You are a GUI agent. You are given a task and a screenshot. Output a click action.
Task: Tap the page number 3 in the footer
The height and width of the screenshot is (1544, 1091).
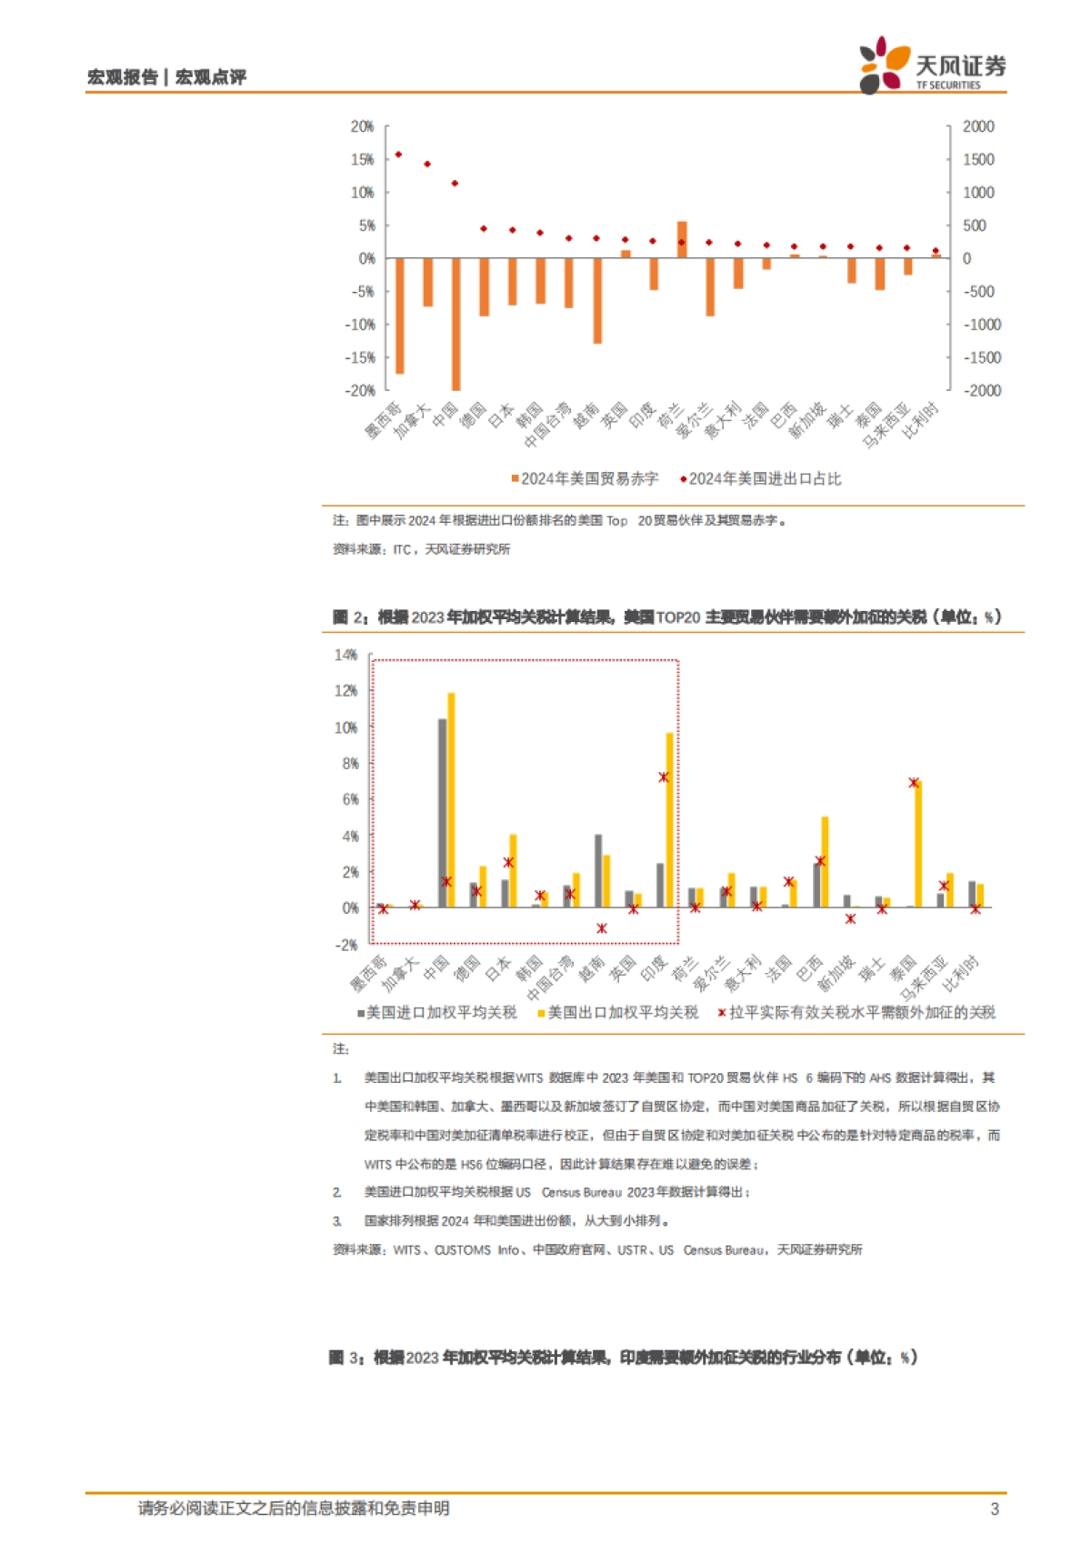pyautogui.click(x=994, y=1509)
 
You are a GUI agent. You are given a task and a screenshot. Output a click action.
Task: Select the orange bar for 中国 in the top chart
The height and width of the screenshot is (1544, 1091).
pyautogui.click(x=455, y=324)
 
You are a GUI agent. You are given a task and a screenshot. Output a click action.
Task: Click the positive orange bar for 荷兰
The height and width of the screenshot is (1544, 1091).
pyautogui.click(x=682, y=239)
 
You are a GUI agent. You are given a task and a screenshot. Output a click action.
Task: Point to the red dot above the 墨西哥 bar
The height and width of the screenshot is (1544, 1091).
pyautogui.click(x=398, y=155)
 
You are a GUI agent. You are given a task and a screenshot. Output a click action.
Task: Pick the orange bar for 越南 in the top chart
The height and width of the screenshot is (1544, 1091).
pyautogui.click(x=597, y=301)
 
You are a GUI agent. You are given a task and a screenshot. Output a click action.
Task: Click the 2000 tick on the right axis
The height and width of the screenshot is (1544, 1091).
pyautogui.click(x=978, y=126)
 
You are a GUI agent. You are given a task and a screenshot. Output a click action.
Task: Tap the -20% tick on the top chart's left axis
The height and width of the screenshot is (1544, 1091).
pyautogui.click(x=360, y=390)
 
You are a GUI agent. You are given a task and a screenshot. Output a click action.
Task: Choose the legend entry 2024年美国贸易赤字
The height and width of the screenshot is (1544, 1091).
pyautogui.click(x=585, y=478)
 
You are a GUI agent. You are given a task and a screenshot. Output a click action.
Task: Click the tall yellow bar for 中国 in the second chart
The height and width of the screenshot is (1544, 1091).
pyautogui.click(x=451, y=800)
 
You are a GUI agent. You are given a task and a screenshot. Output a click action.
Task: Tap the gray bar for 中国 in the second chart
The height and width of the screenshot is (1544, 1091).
pyautogui.click(x=443, y=813)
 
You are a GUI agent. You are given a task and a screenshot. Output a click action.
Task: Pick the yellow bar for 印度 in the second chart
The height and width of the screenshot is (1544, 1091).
pyautogui.click(x=670, y=820)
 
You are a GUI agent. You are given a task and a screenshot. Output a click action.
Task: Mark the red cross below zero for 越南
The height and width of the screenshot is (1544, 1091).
pyautogui.click(x=602, y=928)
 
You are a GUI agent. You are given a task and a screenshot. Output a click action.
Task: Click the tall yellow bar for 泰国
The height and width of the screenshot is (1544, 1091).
pyautogui.click(x=918, y=844)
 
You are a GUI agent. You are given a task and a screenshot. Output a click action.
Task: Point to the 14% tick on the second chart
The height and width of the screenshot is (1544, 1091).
pyautogui.click(x=346, y=655)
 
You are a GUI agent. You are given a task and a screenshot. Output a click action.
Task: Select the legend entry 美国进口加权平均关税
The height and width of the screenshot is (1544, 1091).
pyautogui.click(x=436, y=1012)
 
